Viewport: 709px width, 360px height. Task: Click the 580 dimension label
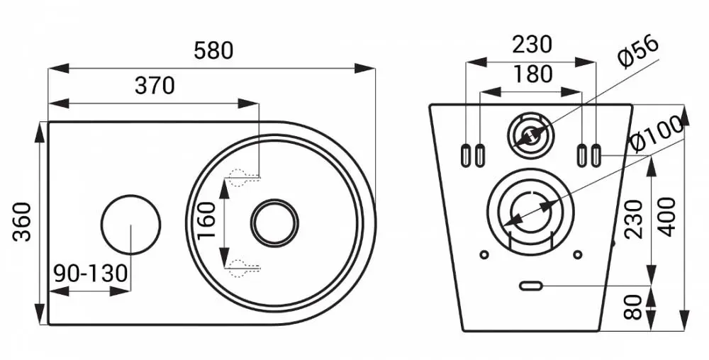(x=213, y=50)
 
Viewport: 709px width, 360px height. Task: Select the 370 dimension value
(x=155, y=86)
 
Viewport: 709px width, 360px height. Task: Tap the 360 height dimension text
(x=22, y=222)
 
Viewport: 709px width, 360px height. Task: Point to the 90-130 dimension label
(x=91, y=274)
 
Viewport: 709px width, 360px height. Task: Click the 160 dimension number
(x=207, y=221)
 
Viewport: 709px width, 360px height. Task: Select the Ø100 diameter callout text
(x=657, y=134)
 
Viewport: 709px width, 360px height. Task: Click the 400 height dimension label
(x=666, y=218)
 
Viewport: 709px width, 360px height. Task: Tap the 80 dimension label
(x=633, y=307)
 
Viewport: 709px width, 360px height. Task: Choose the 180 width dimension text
(x=533, y=74)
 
